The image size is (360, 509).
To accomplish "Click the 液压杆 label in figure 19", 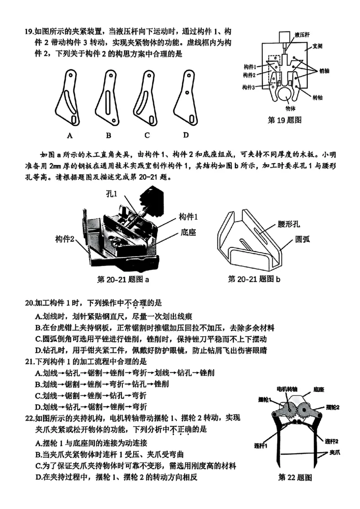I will tap(302, 34).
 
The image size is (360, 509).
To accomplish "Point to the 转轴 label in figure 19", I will tap(318, 97).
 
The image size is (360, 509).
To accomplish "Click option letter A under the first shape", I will tap(70, 135).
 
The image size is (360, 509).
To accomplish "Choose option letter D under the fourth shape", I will tap(185, 135).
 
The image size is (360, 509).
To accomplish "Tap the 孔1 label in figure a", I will tap(112, 195).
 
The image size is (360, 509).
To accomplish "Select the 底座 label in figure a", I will tap(189, 233).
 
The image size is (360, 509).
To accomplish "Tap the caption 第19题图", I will tap(284, 120).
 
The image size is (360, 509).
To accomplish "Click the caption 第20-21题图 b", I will tap(254, 280).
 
